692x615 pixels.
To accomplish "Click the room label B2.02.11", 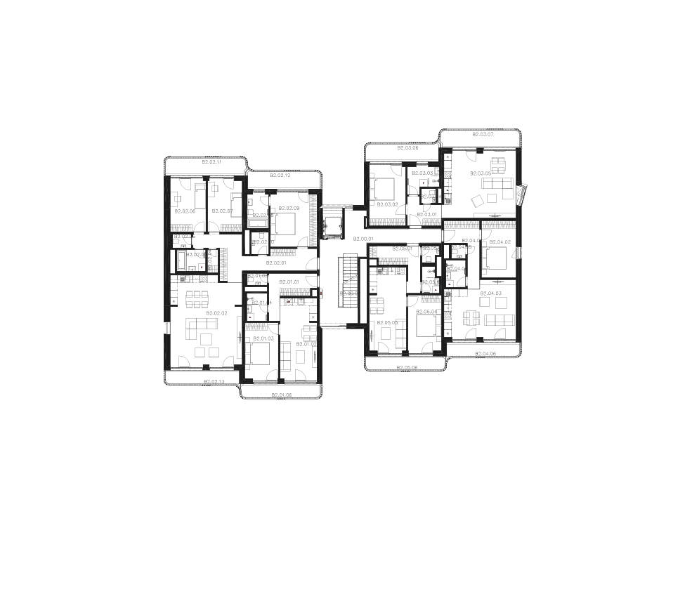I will pos(211,162).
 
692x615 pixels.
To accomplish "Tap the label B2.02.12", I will pos(280,175).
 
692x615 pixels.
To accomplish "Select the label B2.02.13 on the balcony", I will pos(214,382).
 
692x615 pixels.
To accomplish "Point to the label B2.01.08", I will pos(281,395).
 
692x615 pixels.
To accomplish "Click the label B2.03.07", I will pos(483,134).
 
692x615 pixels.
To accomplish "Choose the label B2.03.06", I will pos(407,148).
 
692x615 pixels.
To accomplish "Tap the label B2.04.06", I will pos(485,354).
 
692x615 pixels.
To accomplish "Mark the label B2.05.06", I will pos(407,368).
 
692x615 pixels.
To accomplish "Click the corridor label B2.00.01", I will pos(363,239).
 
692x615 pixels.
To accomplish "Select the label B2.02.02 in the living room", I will pos(216,313).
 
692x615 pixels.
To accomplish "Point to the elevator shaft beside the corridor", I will pos(330,223).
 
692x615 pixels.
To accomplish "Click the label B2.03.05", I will pos(481,173).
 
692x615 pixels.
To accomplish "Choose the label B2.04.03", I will pos(490,293).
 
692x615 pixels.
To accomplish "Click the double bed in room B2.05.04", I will pos(426,327).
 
